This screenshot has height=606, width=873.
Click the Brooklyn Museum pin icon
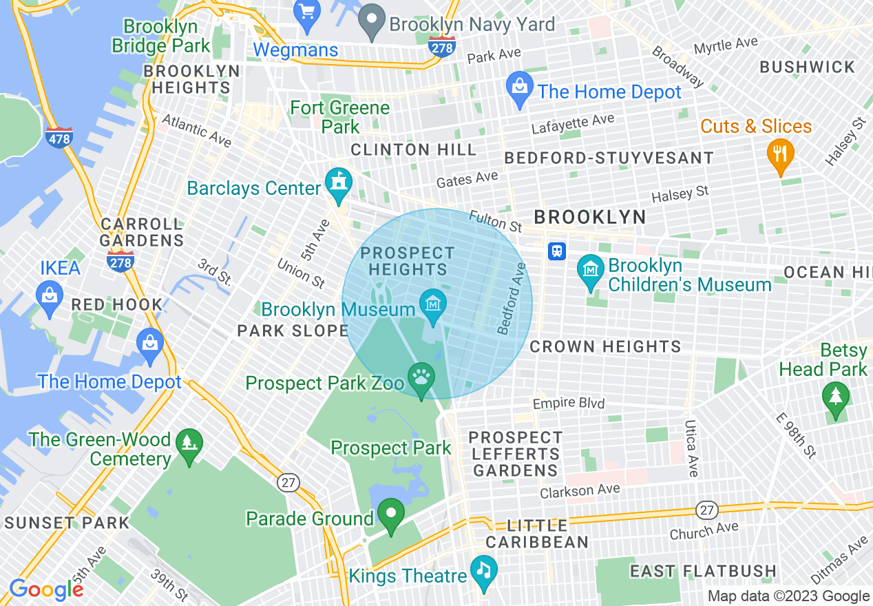click(x=433, y=304)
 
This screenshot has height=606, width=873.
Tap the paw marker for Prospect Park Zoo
click(x=421, y=378)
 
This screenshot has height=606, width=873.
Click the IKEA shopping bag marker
click(x=50, y=297)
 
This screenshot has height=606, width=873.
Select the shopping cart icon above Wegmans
click(x=305, y=12)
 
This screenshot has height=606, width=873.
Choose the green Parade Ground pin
click(x=392, y=514)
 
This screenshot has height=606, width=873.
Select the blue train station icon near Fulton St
click(x=556, y=251)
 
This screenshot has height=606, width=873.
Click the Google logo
click(x=46, y=589)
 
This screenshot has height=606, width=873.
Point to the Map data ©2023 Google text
click(x=788, y=596)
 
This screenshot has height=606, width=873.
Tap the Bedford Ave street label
click(x=512, y=300)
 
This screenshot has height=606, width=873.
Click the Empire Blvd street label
click(x=569, y=404)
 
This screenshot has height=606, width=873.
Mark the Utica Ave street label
click(x=691, y=448)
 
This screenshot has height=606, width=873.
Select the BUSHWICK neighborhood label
click(x=807, y=67)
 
